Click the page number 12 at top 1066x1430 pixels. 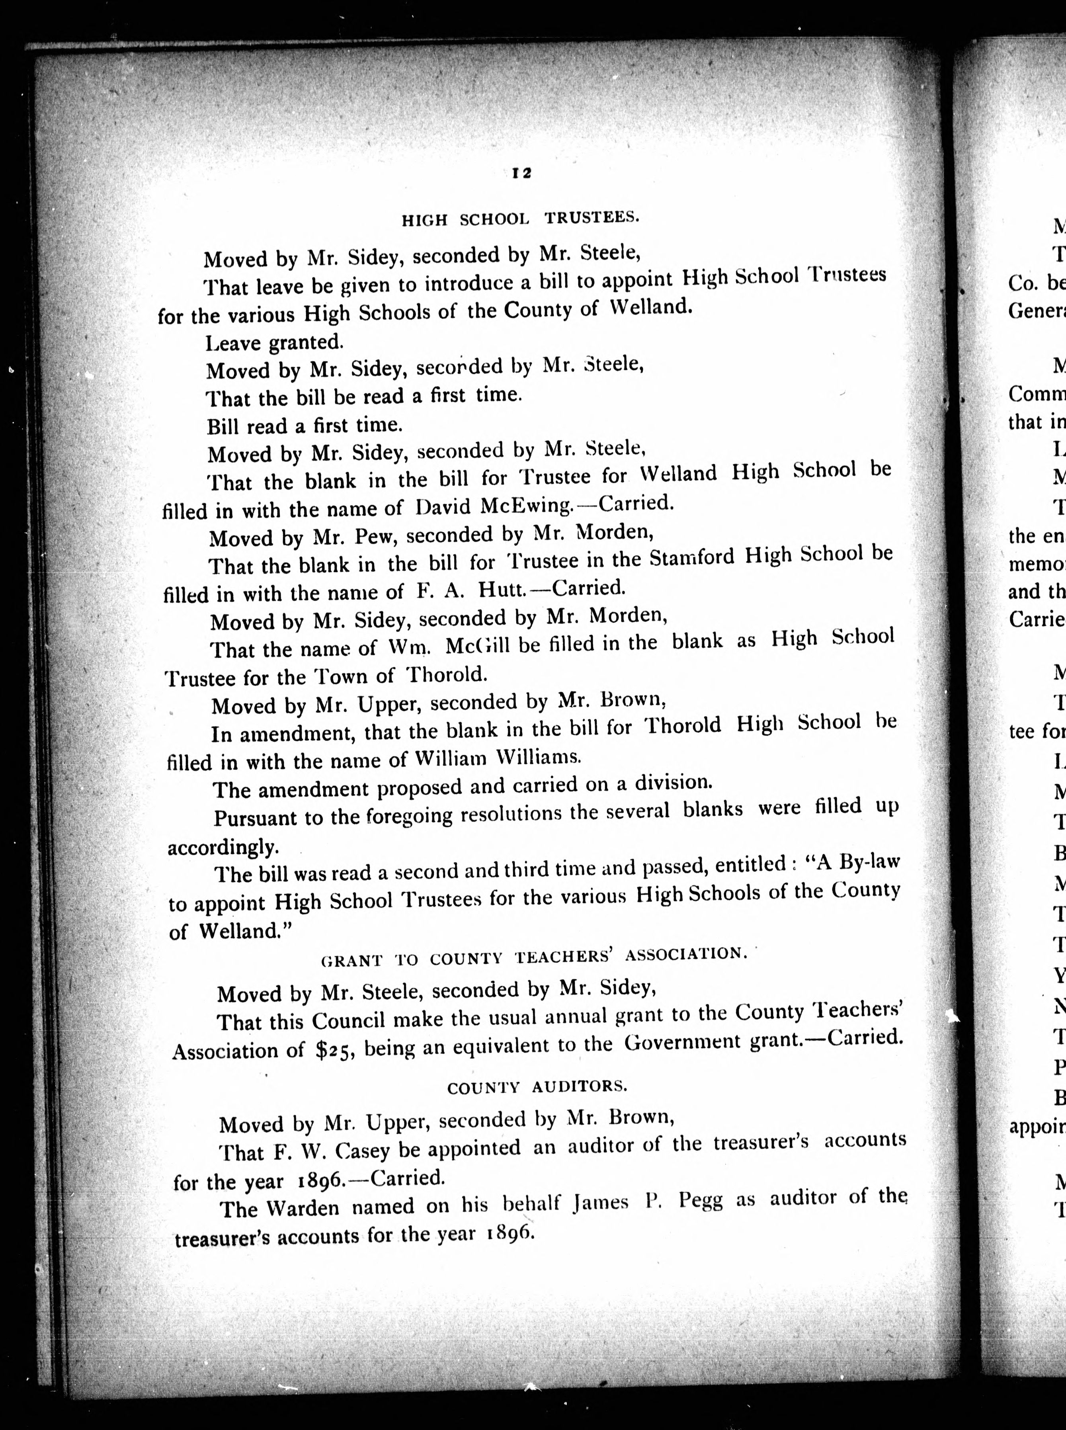[x=521, y=173]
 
